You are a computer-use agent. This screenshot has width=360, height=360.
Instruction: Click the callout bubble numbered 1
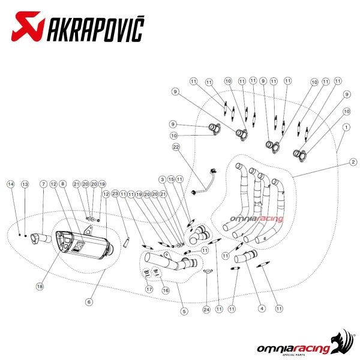[346, 127]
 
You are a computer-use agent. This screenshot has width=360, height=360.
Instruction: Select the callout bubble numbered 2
[353, 162]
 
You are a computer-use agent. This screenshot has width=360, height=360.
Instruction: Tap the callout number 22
[176, 147]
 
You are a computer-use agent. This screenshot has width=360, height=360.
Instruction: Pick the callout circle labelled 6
[89, 302]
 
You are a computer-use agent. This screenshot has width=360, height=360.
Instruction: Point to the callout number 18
[40, 286]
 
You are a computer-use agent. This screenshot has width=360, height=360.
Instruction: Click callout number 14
[11, 184]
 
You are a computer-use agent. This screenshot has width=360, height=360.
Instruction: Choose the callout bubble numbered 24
[206, 310]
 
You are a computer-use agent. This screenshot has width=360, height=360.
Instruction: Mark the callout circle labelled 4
[262, 308]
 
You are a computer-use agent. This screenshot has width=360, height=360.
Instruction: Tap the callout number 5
[184, 311]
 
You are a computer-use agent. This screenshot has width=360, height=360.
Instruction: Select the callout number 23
[115, 194]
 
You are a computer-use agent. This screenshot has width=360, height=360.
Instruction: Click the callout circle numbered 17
[149, 289]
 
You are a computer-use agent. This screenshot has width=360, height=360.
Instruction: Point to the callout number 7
[43, 184]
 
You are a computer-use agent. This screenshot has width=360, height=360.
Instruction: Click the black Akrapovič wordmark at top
[96, 29]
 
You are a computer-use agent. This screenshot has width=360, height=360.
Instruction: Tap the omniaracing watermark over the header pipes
[256, 219]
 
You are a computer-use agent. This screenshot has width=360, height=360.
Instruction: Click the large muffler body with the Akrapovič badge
[83, 245]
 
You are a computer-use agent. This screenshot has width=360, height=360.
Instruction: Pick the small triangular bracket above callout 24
[208, 271]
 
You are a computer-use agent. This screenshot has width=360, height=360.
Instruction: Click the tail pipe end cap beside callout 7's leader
[35, 239]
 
